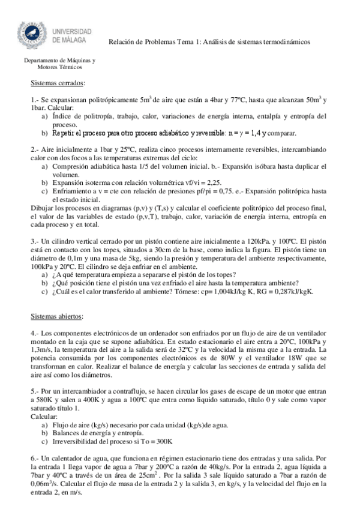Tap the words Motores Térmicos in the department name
click(x=55, y=68)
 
